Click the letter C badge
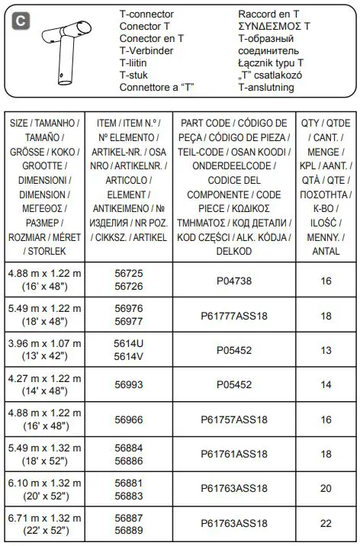point(21,21)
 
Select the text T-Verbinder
point(147,51)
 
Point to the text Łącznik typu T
point(271,63)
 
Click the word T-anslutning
point(272,88)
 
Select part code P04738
point(234,281)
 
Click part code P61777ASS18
point(234,316)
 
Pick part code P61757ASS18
point(234,419)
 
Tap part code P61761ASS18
point(234,454)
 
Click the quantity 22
point(326,523)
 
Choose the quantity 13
point(326,350)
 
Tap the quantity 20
point(326,489)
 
